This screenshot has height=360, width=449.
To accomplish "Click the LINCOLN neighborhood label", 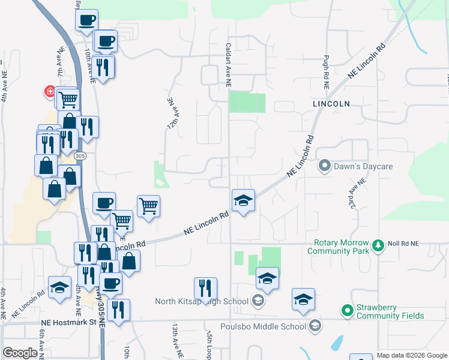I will point(331,104).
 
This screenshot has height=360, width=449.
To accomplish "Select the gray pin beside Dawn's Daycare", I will point(325,164).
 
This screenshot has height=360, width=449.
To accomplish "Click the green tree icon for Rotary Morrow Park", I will point(378,245).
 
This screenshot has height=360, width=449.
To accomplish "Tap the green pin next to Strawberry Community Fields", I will point(346,311).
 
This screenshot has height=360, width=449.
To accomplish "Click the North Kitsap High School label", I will point(201,301).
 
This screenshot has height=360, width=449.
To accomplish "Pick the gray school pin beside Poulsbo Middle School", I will point(313,326).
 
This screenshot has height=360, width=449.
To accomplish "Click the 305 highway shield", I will point(80,156).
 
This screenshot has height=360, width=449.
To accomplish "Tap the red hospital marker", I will point(50,92).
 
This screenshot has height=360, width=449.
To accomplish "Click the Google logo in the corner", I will point(20,353).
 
